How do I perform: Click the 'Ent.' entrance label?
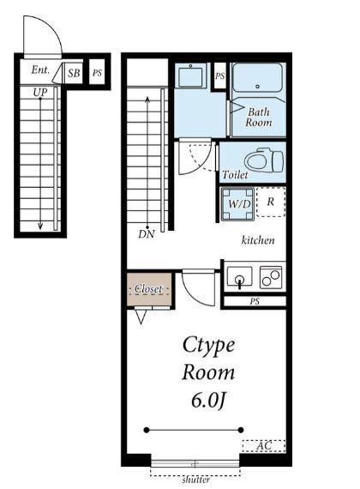tap(40, 69)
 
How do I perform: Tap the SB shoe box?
tap(74, 73)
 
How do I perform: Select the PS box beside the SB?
tap(97, 73)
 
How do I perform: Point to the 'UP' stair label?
tap(40, 92)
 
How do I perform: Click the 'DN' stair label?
tap(147, 234)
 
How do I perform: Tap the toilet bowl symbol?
tap(264, 161)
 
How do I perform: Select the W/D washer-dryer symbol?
tap(237, 204)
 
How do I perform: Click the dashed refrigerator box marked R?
tap(271, 202)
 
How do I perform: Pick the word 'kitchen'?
tap(258, 240)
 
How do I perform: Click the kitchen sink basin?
tap(239, 276)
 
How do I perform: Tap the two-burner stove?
tap(271, 277)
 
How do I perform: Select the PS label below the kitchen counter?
tap(255, 302)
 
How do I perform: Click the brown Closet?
tap(149, 289)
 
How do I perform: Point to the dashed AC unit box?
tap(264, 445)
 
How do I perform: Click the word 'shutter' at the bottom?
tap(195, 480)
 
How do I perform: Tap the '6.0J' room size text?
tap(208, 401)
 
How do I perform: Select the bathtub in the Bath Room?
tap(257, 77)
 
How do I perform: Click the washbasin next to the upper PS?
tap(190, 75)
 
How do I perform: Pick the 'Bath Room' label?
tap(258, 117)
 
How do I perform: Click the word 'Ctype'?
tap(208, 346)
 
